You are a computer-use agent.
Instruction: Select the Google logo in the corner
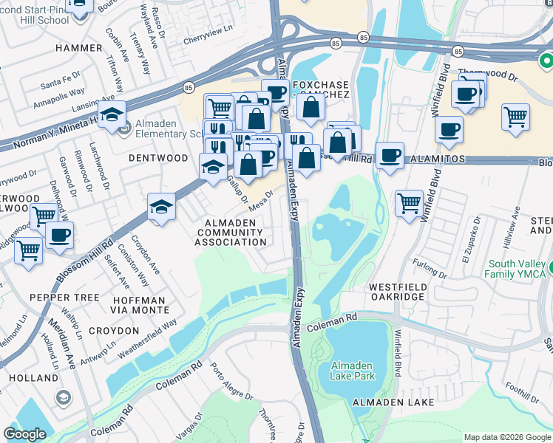coord(24,434)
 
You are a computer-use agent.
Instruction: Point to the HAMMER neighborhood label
coord(78,48)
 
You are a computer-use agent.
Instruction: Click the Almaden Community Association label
coord(230,233)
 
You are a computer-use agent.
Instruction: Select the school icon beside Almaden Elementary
coord(112,115)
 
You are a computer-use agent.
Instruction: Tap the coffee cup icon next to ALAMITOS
coord(390,156)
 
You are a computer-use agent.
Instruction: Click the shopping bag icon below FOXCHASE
coord(311,106)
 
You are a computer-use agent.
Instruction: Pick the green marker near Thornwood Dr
coord(546,60)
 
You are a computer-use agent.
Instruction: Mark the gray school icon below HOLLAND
coord(64,399)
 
